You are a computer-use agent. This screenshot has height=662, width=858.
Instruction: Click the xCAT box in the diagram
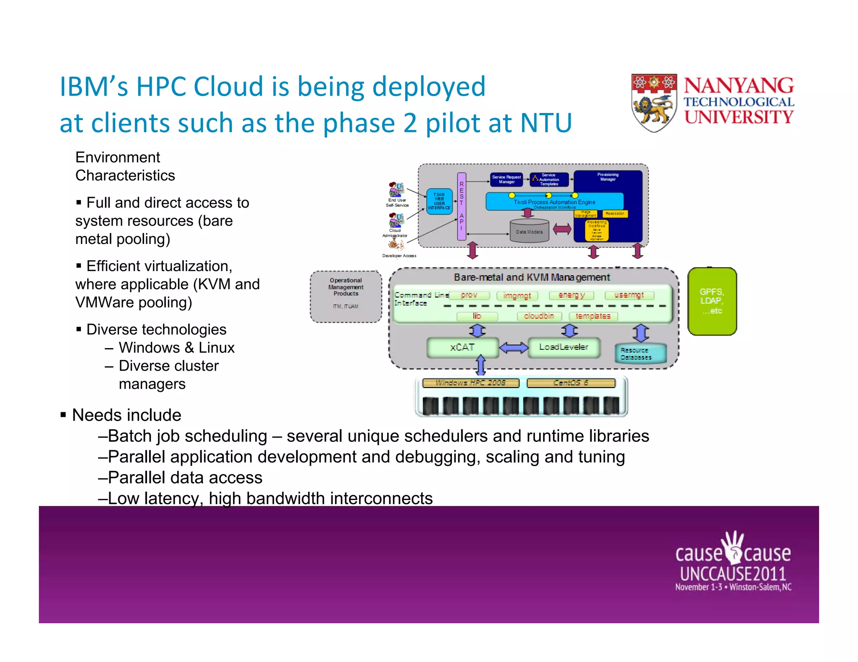click(462, 348)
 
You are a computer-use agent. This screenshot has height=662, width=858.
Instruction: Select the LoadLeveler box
click(563, 347)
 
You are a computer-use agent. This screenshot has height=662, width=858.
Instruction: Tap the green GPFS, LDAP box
click(712, 301)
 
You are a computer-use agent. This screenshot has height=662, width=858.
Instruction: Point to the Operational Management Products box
click(346, 296)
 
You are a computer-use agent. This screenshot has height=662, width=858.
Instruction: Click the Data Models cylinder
click(529, 231)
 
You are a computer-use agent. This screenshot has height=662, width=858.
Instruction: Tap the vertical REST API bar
click(461, 206)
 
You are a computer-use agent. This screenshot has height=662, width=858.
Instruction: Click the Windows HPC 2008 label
click(470, 382)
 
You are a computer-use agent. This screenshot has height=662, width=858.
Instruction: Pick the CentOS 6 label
click(571, 382)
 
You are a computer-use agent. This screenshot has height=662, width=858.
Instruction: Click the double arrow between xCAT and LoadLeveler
click(514, 347)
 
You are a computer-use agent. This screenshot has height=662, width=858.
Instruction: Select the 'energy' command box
click(571, 295)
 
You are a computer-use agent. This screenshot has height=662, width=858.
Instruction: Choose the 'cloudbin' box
click(539, 316)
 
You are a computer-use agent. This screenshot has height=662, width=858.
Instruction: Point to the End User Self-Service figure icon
click(396, 190)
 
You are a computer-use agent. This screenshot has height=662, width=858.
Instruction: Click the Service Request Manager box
click(507, 180)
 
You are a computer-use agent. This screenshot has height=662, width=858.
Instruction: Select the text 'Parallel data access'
click(185, 477)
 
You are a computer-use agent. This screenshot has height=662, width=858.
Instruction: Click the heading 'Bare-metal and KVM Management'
click(532, 277)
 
